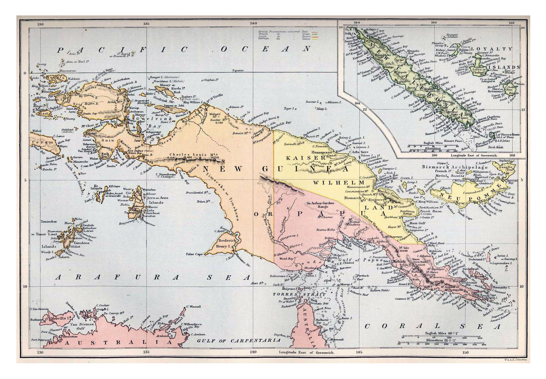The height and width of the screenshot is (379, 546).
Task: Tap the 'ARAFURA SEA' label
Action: pyautogui.click(x=153, y=277)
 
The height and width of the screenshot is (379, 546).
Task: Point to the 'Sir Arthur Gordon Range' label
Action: pyautogui.click(x=320, y=206)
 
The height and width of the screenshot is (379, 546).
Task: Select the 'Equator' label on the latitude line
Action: pyautogui.click(x=238, y=70)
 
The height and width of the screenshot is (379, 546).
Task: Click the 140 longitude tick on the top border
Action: pyautogui.click(x=253, y=23)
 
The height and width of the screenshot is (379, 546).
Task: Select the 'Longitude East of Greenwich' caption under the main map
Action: pyautogui.click(x=307, y=352)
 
